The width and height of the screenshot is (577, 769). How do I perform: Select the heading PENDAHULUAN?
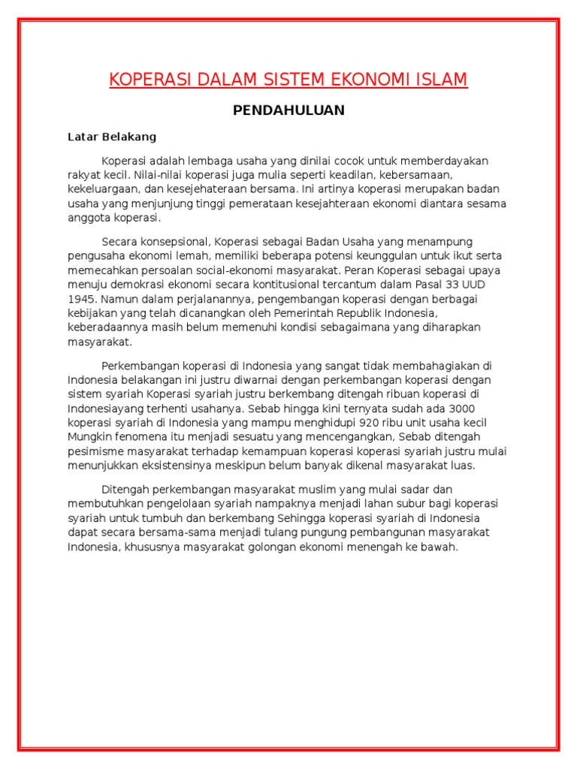click(x=288, y=110)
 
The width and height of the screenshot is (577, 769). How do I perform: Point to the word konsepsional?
click(x=177, y=242)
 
